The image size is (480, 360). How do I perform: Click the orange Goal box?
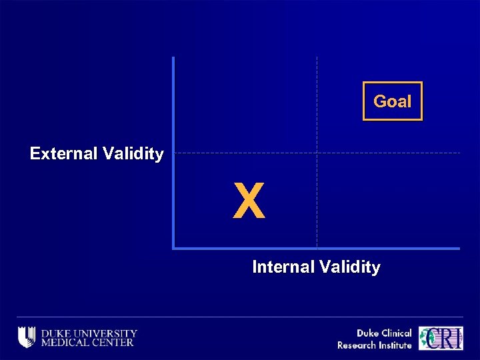392,101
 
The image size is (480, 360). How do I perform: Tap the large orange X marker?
249,201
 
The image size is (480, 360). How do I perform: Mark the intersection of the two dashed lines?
317,153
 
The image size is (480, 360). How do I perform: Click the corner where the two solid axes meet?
173,248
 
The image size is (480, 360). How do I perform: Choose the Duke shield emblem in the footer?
27,337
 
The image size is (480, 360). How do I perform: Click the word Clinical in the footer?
395,333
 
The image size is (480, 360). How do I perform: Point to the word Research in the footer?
357,345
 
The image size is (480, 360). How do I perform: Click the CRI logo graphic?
441,338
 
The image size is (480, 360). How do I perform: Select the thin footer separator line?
240,317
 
